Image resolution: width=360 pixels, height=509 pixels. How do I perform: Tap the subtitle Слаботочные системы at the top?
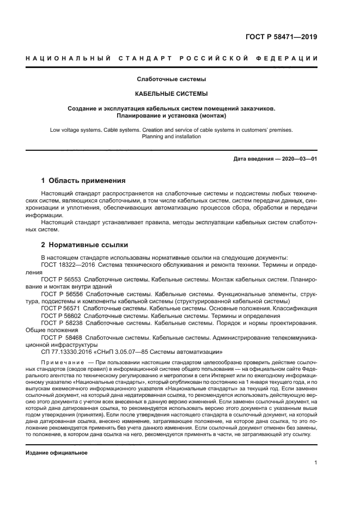(171, 79)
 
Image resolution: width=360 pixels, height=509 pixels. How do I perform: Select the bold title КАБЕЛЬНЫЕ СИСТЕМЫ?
(171, 94)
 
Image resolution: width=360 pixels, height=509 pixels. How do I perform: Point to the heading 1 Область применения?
(84, 180)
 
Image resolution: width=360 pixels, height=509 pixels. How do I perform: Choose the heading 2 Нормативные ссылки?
(84, 244)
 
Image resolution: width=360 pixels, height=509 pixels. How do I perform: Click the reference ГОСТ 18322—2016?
(62, 265)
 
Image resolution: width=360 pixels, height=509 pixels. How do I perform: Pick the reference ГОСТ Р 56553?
(60, 279)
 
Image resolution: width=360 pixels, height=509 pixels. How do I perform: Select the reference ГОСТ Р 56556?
(60, 294)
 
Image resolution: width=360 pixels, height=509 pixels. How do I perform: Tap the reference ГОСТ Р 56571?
(60, 308)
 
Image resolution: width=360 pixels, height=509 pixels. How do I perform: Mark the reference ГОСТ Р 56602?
(60, 316)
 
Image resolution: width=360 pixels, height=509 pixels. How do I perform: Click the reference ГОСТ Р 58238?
(60, 323)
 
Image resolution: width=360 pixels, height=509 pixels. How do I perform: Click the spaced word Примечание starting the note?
(63, 363)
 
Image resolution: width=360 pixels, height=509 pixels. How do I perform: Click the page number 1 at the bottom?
(316, 463)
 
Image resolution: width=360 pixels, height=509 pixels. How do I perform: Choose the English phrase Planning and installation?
(171, 137)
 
